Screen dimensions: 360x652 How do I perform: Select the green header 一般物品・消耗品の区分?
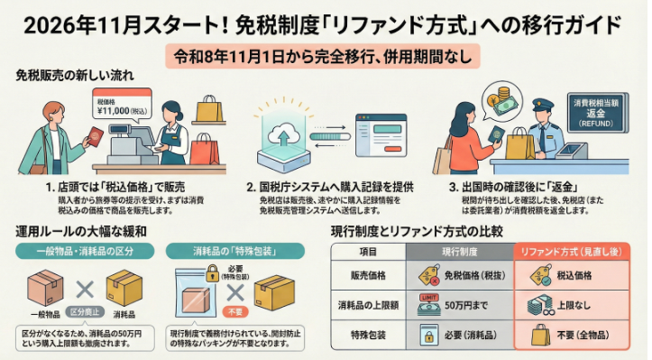pos(85,249)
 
